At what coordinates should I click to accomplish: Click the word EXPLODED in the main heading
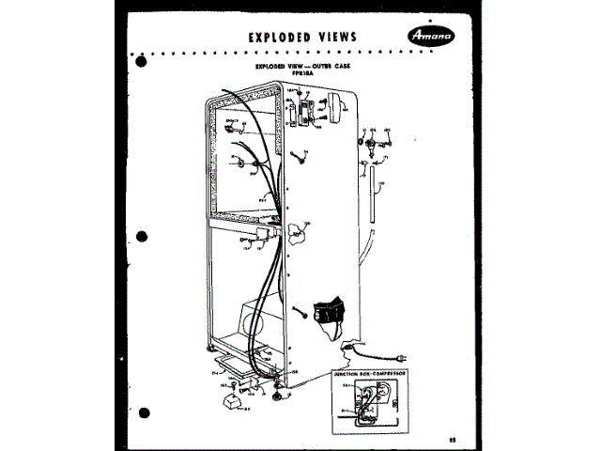point(280,37)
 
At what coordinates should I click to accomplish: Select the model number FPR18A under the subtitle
point(300,75)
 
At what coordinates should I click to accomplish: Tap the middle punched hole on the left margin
point(143,236)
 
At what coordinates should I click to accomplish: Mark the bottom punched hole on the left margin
point(143,411)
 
